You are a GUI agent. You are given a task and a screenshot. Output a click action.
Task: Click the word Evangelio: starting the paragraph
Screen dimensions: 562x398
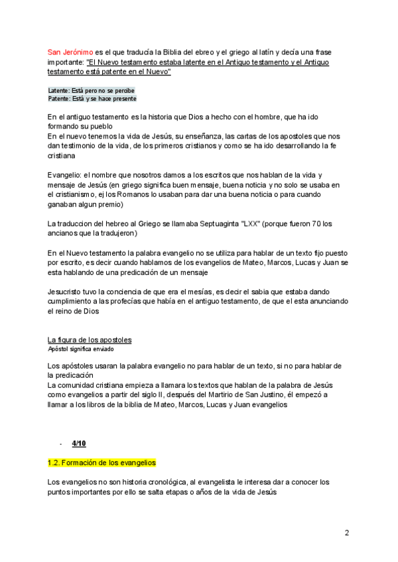pyautogui.click(x=65, y=176)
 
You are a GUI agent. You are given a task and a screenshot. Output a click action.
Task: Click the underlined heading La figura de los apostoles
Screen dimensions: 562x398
pyautogui.click(x=90, y=340)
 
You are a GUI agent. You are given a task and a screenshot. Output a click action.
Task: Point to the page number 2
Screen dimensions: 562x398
pyautogui.click(x=347, y=532)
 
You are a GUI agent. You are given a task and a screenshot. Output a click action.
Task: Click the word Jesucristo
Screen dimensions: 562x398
pyautogui.click(x=68, y=292)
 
